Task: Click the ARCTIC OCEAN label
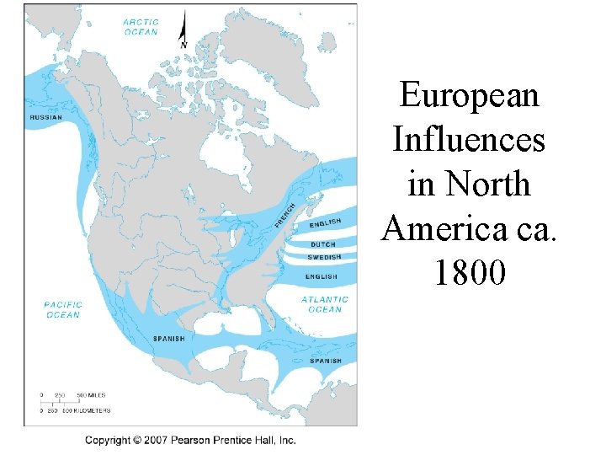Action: pos(141,27)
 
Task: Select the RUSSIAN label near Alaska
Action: pos(45,118)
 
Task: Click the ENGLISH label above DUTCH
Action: pos(325,223)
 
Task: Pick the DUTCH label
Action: pos(323,245)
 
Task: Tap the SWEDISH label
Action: pos(324,257)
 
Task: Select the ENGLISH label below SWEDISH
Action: pos(321,276)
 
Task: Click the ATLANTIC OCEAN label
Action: pos(324,304)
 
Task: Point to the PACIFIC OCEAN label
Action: pos(63,309)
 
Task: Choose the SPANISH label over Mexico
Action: pos(168,339)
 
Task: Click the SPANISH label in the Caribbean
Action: pos(326,361)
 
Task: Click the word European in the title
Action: pos(469,95)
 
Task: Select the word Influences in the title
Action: pos(469,139)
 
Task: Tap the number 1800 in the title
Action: pos(470,272)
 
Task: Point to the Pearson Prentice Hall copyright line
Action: pos(189,440)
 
